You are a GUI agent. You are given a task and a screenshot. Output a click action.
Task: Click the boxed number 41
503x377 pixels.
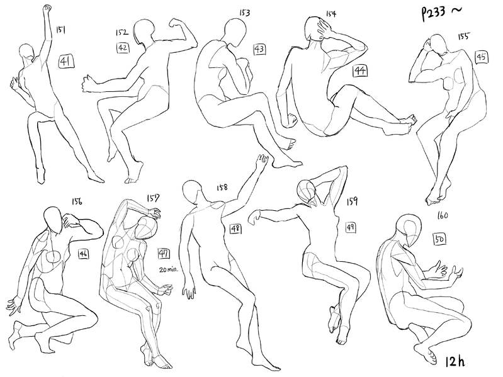[x=65, y=61]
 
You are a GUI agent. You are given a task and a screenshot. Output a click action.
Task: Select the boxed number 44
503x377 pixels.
[x=360, y=70]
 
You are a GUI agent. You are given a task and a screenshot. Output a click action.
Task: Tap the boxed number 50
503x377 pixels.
[x=440, y=239]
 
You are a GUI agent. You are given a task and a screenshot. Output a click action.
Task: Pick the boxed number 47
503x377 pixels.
[x=164, y=254]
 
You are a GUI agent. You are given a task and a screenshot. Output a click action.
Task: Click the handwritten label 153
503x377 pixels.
[x=245, y=13]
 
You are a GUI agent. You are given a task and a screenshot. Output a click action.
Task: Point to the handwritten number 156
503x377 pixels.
[x=77, y=201]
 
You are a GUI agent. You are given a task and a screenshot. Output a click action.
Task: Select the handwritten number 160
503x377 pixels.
[x=443, y=216]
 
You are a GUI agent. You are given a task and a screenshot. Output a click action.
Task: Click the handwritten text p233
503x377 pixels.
[x=433, y=13]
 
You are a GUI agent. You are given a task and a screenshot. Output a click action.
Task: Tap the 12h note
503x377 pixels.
[x=455, y=361]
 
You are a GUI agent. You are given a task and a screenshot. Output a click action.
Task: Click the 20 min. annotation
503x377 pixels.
[x=169, y=269]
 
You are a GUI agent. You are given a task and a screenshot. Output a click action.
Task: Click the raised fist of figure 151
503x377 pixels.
[x=48, y=8]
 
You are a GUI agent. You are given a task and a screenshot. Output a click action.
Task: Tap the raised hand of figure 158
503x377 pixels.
[x=262, y=160]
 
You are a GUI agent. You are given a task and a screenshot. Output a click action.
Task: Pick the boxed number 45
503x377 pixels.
[x=481, y=57]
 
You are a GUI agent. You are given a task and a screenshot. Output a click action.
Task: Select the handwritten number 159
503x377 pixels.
[x=352, y=201]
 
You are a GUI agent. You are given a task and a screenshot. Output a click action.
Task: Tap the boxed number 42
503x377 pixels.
[x=123, y=48]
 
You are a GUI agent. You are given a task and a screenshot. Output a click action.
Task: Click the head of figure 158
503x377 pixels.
[x=193, y=192]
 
